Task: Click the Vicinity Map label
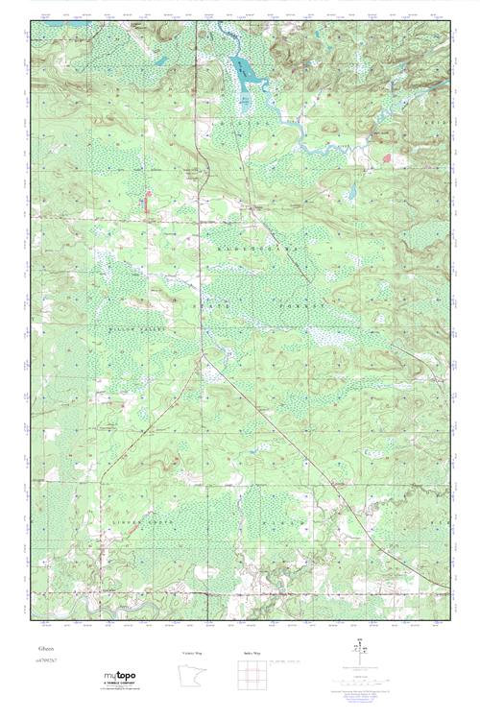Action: click(x=191, y=653)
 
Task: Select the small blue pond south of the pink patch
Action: click(x=352, y=191)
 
